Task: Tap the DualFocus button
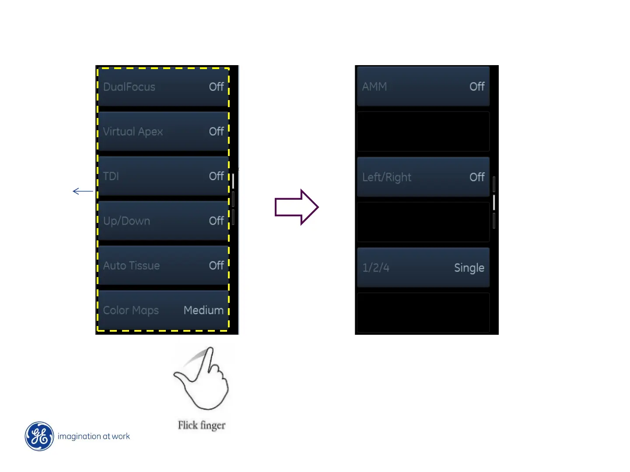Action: coord(163,87)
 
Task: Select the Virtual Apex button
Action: coord(163,132)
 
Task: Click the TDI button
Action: coord(163,176)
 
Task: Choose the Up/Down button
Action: coord(163,221)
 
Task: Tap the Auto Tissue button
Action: coord(163,265)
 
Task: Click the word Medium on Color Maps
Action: coord(203,310)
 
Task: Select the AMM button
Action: coord(423,87)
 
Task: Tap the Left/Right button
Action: coord(423,177)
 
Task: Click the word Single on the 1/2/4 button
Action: coord(469,267)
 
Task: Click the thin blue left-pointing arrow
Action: coord(83,191)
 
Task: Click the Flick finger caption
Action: coord(202,425)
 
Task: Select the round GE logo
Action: coord(39,436)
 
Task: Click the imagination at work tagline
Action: coord(94,436)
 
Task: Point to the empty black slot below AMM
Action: coord(423,132)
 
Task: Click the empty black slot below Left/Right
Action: coord(423,222)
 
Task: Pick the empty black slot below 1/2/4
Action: coord(423,312)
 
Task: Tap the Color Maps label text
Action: coord(131,310)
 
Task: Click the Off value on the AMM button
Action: coord(477,87)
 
